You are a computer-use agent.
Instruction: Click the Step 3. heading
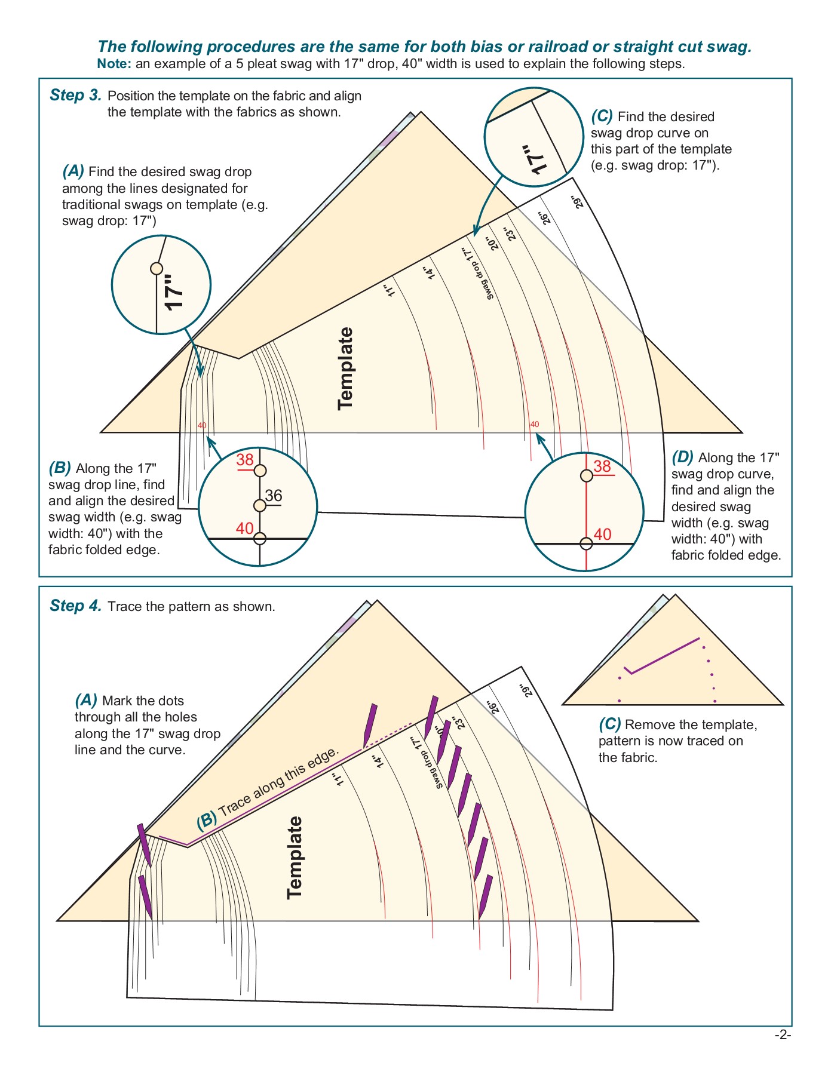(75, 96)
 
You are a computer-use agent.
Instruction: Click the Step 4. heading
(75, 606)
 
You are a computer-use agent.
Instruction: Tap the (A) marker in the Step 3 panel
(73, 172)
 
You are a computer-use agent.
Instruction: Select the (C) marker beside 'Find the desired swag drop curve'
(602, 116)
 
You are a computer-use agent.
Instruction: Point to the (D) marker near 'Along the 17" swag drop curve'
(682, 458)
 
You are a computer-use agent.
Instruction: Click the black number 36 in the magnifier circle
(274, 496)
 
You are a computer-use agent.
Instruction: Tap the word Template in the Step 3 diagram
(346, 368)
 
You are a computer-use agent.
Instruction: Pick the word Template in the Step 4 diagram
(295, 858)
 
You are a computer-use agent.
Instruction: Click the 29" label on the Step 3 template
(577, 202)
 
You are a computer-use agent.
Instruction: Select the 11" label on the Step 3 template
(389, 290)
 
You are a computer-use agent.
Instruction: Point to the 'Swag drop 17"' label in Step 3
(477, 274)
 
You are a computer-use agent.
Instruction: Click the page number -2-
(783, 1036)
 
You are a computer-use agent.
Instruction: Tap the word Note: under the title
(114, 64)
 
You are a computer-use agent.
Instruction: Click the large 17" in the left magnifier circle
(174, 292)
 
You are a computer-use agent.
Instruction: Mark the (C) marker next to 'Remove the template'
(609, 724)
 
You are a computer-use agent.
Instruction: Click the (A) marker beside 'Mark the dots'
(86, 701)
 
